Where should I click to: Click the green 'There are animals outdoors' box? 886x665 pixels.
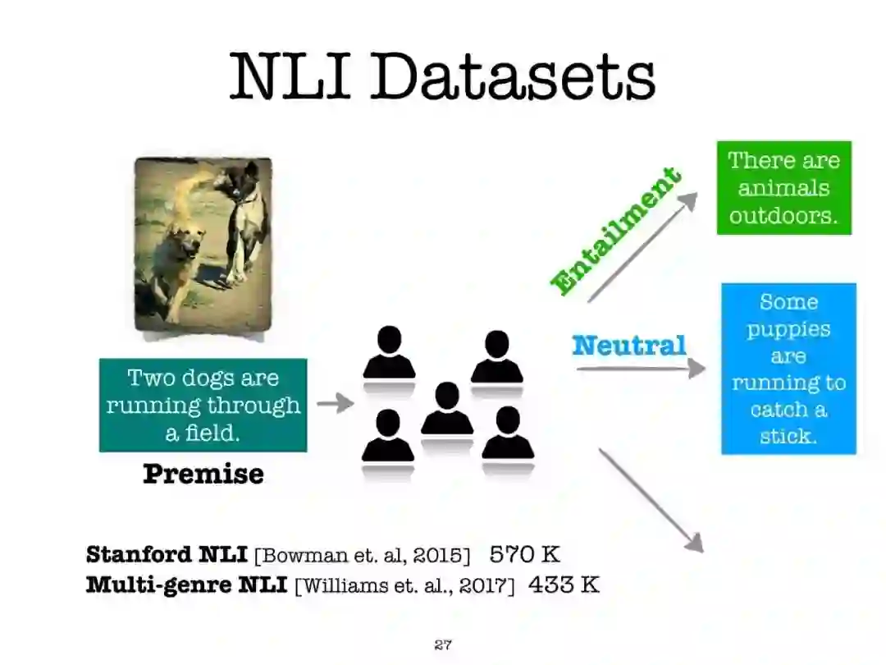(783, 188)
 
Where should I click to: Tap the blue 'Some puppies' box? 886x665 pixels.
(788, 369)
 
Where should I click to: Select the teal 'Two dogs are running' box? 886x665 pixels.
(203, 405)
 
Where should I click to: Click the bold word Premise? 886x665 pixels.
(203, 474)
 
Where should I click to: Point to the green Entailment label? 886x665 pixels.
(615, 231)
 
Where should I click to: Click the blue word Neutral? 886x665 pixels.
(628, 346)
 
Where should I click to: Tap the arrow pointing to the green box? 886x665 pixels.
(642, 247)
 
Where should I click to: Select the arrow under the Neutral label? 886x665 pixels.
(640, 369)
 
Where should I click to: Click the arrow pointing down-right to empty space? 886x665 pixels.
(650, 499)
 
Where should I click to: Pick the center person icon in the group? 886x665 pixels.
(447, 409)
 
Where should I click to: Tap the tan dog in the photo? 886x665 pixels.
(176, 259)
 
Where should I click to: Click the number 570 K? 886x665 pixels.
(524, 554)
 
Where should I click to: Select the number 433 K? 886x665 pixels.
(563, 585)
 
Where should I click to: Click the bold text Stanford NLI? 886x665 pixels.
(167, 554)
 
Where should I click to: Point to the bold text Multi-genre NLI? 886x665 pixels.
(186, 585)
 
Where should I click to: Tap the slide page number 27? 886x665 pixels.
(443, 644)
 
